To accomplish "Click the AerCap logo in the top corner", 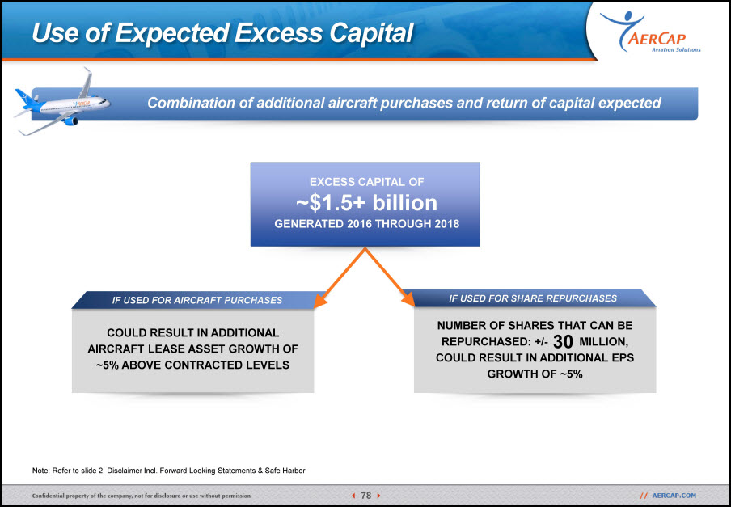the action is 650,32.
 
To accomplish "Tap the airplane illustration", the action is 62,102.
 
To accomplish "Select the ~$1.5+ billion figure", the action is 366,203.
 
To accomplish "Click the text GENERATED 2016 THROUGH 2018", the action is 366,224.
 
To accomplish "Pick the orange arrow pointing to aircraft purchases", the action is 340,278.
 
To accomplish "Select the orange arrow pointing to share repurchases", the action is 390,277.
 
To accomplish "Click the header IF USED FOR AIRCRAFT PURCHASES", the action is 197,301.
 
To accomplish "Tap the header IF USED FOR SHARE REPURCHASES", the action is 533,298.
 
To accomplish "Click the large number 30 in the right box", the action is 563,342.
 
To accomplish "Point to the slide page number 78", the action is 366,496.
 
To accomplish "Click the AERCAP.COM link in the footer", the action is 674,496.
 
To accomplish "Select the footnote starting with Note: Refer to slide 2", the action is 169,471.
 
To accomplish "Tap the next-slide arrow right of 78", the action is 378,496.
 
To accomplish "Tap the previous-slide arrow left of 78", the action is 353,496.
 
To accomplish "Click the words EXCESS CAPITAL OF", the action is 366,182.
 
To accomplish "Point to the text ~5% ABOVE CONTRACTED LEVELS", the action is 192,365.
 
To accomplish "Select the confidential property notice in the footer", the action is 142,496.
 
